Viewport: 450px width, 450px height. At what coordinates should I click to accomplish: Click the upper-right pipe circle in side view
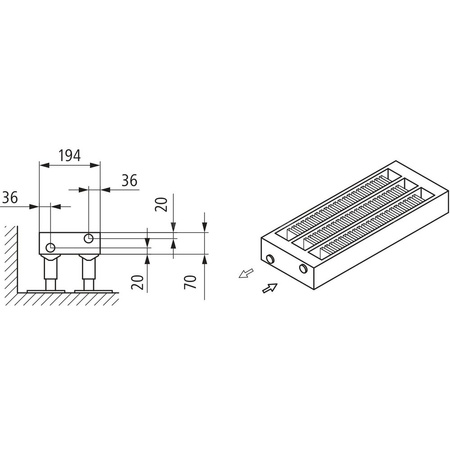[89, 239]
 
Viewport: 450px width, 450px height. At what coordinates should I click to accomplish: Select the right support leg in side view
[88, 271]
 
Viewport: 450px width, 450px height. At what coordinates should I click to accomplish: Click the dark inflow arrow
[268, 288]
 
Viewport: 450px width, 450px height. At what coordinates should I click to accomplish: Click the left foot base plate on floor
[49, 290]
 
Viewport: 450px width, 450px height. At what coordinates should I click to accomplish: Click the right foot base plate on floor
[89, 290]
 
